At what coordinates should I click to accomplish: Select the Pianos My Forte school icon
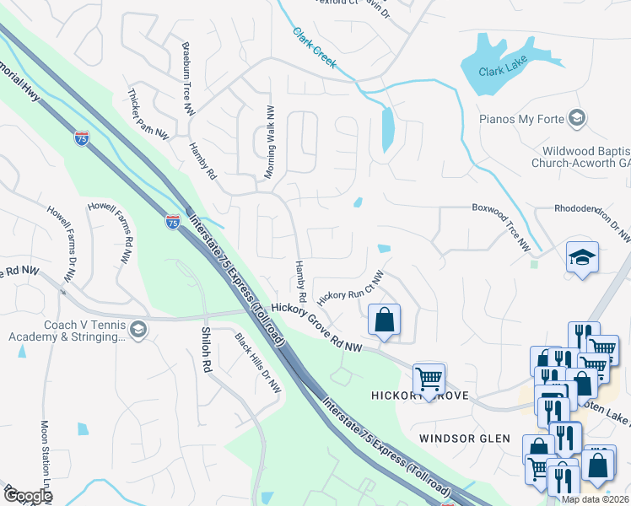point(577,118)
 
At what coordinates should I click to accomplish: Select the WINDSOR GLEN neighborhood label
point(464,439)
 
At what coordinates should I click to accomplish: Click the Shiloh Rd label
point(205,349)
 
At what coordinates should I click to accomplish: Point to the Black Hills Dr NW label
point(257,363)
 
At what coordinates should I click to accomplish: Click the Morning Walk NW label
point(270,142)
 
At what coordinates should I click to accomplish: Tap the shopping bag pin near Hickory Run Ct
point(384,320)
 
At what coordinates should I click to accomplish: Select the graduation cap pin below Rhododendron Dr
point(582,257)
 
